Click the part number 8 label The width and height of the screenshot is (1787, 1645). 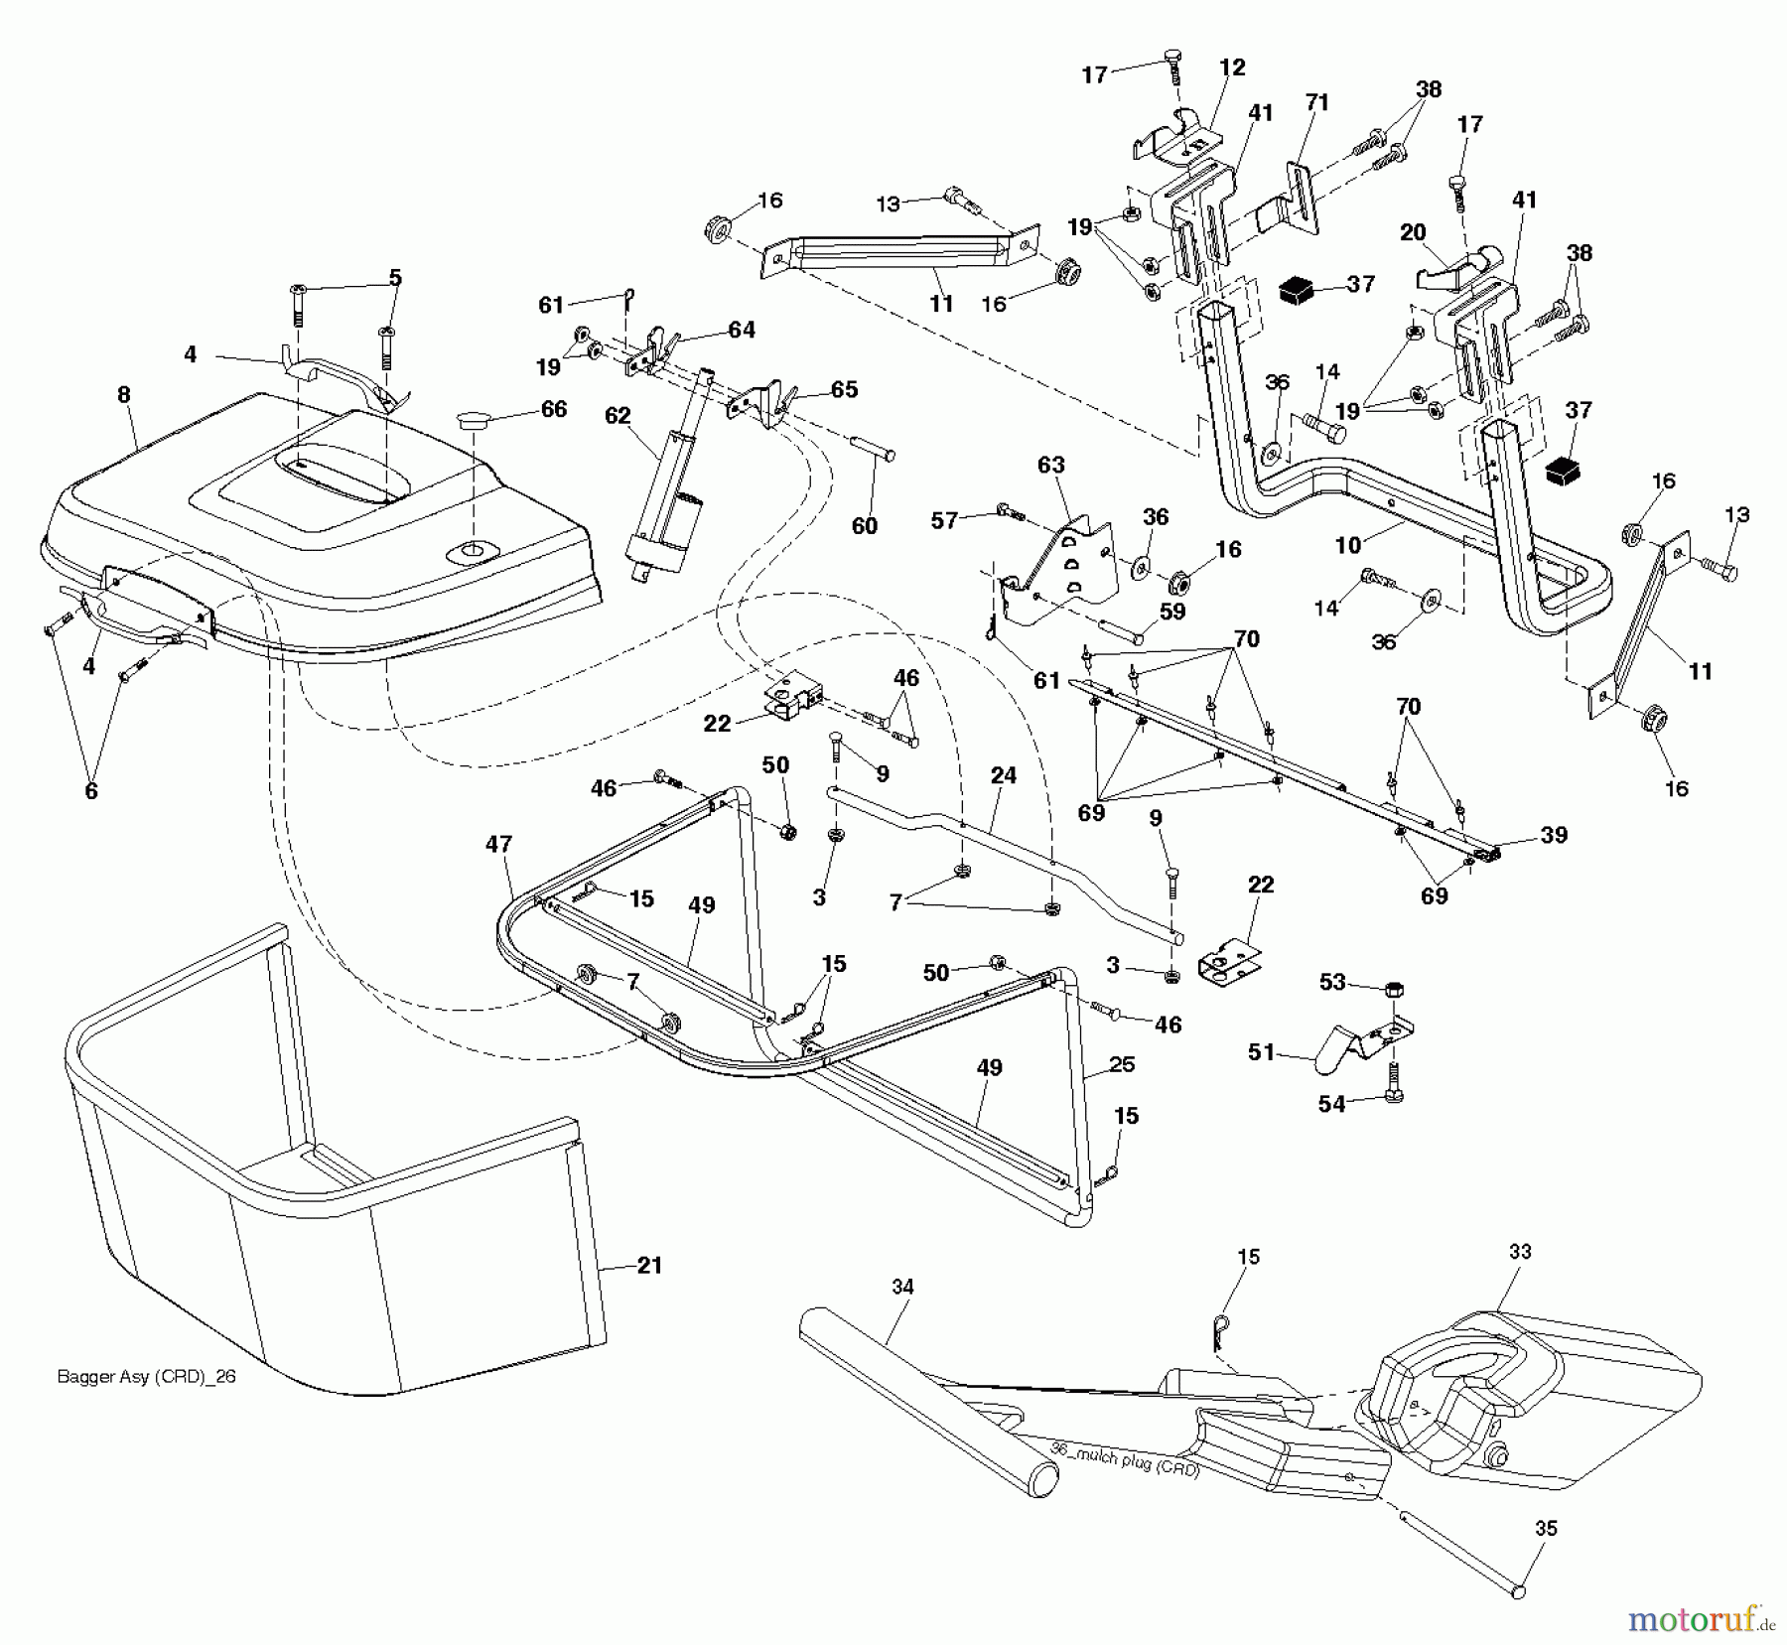(123, 394)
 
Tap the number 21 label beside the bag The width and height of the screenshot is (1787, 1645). (649, 1265)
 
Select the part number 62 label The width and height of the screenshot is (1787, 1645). (618, 415)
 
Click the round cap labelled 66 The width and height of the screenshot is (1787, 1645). (475, 422)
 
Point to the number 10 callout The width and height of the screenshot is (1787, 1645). (1348, 544)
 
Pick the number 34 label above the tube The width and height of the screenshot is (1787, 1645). (901, 1287)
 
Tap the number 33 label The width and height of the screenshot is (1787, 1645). (1520, 1252)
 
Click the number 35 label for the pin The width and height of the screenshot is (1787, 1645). (1546, 1529)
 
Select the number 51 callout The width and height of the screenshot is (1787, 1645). (1261, 1051)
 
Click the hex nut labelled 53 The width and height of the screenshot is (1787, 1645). (1394, 990)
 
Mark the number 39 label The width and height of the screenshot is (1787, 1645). (1554, 835)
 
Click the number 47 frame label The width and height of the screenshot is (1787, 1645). (498, 844)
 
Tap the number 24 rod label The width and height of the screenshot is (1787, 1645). (1004, 774)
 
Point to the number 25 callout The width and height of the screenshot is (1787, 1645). (1122, 1064)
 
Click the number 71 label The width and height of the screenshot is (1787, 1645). (1316, 102)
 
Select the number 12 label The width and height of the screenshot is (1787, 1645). (1232, 68)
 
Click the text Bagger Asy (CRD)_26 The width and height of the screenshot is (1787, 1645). (147, 1377)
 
